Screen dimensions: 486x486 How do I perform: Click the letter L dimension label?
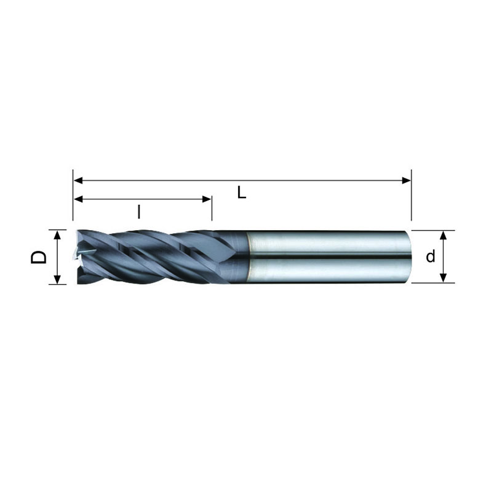point(241,192)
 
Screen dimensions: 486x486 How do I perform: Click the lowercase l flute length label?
point(139,212)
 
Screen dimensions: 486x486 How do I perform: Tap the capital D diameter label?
point(39,257)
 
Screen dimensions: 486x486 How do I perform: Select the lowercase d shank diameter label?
point(431,257)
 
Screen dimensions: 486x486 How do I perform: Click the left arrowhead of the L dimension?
point(78,180)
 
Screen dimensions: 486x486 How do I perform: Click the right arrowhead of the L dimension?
point(407,180)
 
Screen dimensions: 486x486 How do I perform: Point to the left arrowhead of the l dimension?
point(78,199)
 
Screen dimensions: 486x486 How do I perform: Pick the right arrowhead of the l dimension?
point(207,199)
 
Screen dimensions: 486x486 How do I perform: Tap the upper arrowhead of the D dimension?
point(57,234)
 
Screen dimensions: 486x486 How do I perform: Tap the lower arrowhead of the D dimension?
point(57,279)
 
